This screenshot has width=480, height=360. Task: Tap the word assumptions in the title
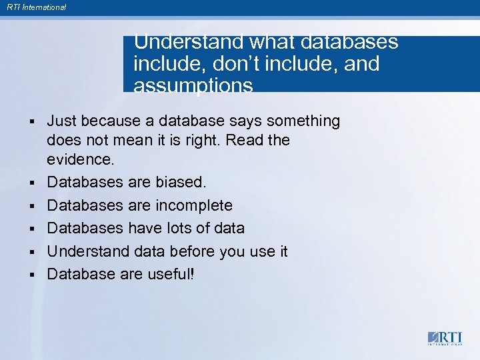pyautogui.click(x=193, y=85)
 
